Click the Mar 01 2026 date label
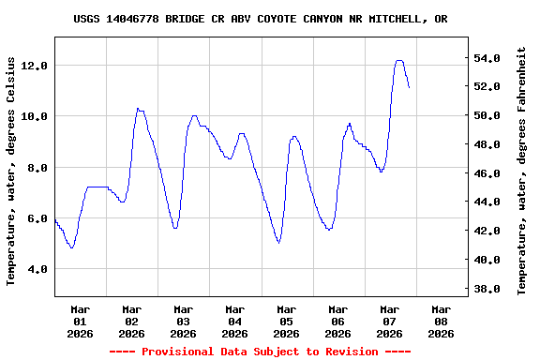[80, 320]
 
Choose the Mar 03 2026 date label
[183, 320]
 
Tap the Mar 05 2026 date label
[286, 320]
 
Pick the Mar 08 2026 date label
[441, 320]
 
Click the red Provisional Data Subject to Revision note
[260, 351]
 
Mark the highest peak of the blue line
[399, 60]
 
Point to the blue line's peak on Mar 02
[138, 109]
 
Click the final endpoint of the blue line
[410, 87]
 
